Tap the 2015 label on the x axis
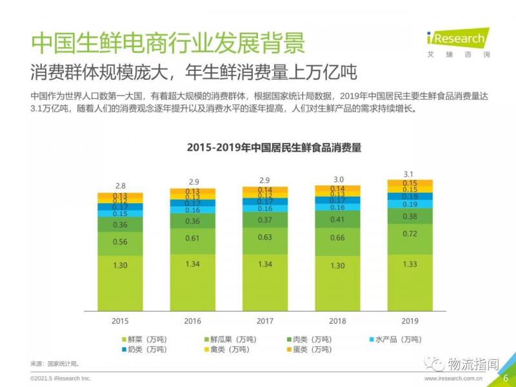120,320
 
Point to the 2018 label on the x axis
337,320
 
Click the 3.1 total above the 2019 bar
410,174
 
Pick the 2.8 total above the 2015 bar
120,185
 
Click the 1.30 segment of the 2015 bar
120,266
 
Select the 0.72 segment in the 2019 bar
410,233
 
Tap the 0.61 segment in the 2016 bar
192,238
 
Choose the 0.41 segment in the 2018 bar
337,219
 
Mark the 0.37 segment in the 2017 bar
264,220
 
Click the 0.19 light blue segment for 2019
410,204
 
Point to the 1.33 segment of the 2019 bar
410,264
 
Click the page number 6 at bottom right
506,378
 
